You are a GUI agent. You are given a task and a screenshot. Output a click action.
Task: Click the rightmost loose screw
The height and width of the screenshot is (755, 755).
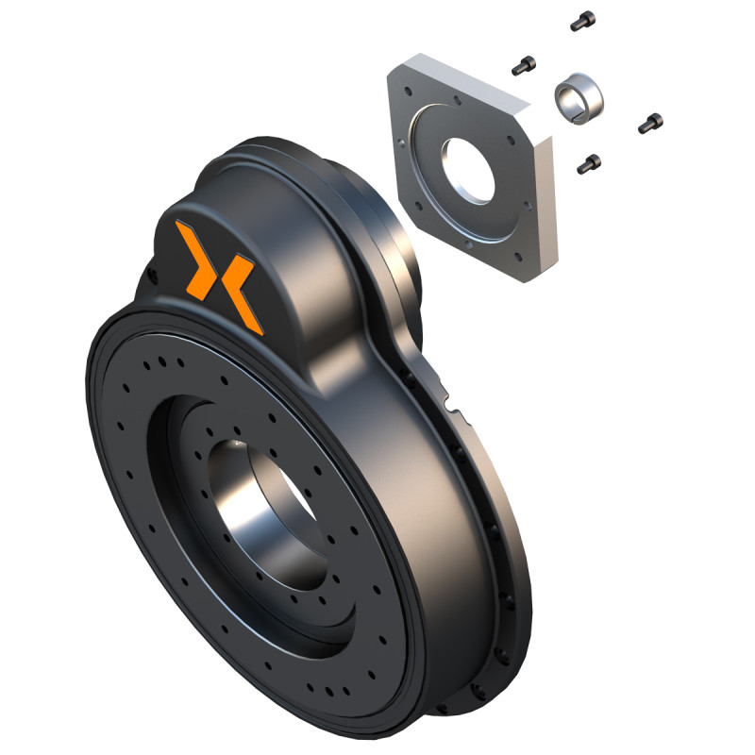(x=651, y=122)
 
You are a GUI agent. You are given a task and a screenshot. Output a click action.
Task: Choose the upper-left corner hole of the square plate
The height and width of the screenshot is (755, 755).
(x=406, y=92)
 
